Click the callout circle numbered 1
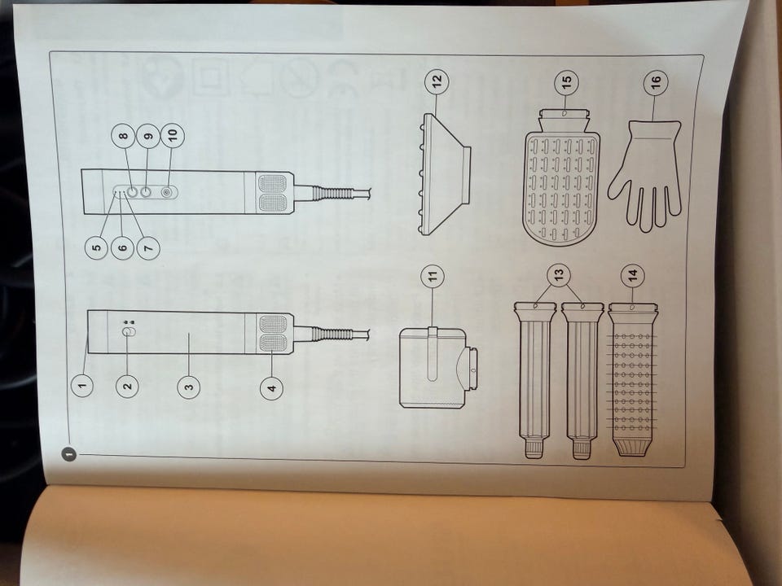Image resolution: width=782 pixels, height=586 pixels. click(x=82, y=385)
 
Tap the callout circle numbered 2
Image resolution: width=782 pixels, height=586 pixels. click(x=128, y=386)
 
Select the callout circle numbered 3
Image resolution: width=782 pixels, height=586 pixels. click(x=188, y=387)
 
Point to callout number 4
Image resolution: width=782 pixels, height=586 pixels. click(x=272, y=387)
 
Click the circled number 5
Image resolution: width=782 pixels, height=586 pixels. click(x=97, y=247)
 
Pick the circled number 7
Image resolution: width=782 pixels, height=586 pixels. click(x=148, y=247)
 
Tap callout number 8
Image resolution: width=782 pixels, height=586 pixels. click(x=123, y=136)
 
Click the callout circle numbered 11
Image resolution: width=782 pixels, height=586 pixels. click(x=433, y=276)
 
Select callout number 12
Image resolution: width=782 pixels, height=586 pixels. click(x=437, y=81)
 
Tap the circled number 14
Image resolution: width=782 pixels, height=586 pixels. click(x=632, y=275)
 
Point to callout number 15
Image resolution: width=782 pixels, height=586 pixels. click(x=567, y=81)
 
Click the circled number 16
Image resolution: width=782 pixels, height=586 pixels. click(x=656, y=81)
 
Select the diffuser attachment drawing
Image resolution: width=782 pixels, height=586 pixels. click(x=444, y=173)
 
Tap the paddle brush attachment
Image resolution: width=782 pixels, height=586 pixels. click(x=563, y=177)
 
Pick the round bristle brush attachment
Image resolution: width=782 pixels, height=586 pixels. click(x=632, y=378)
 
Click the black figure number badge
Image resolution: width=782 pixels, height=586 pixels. click(x=68, y=453)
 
